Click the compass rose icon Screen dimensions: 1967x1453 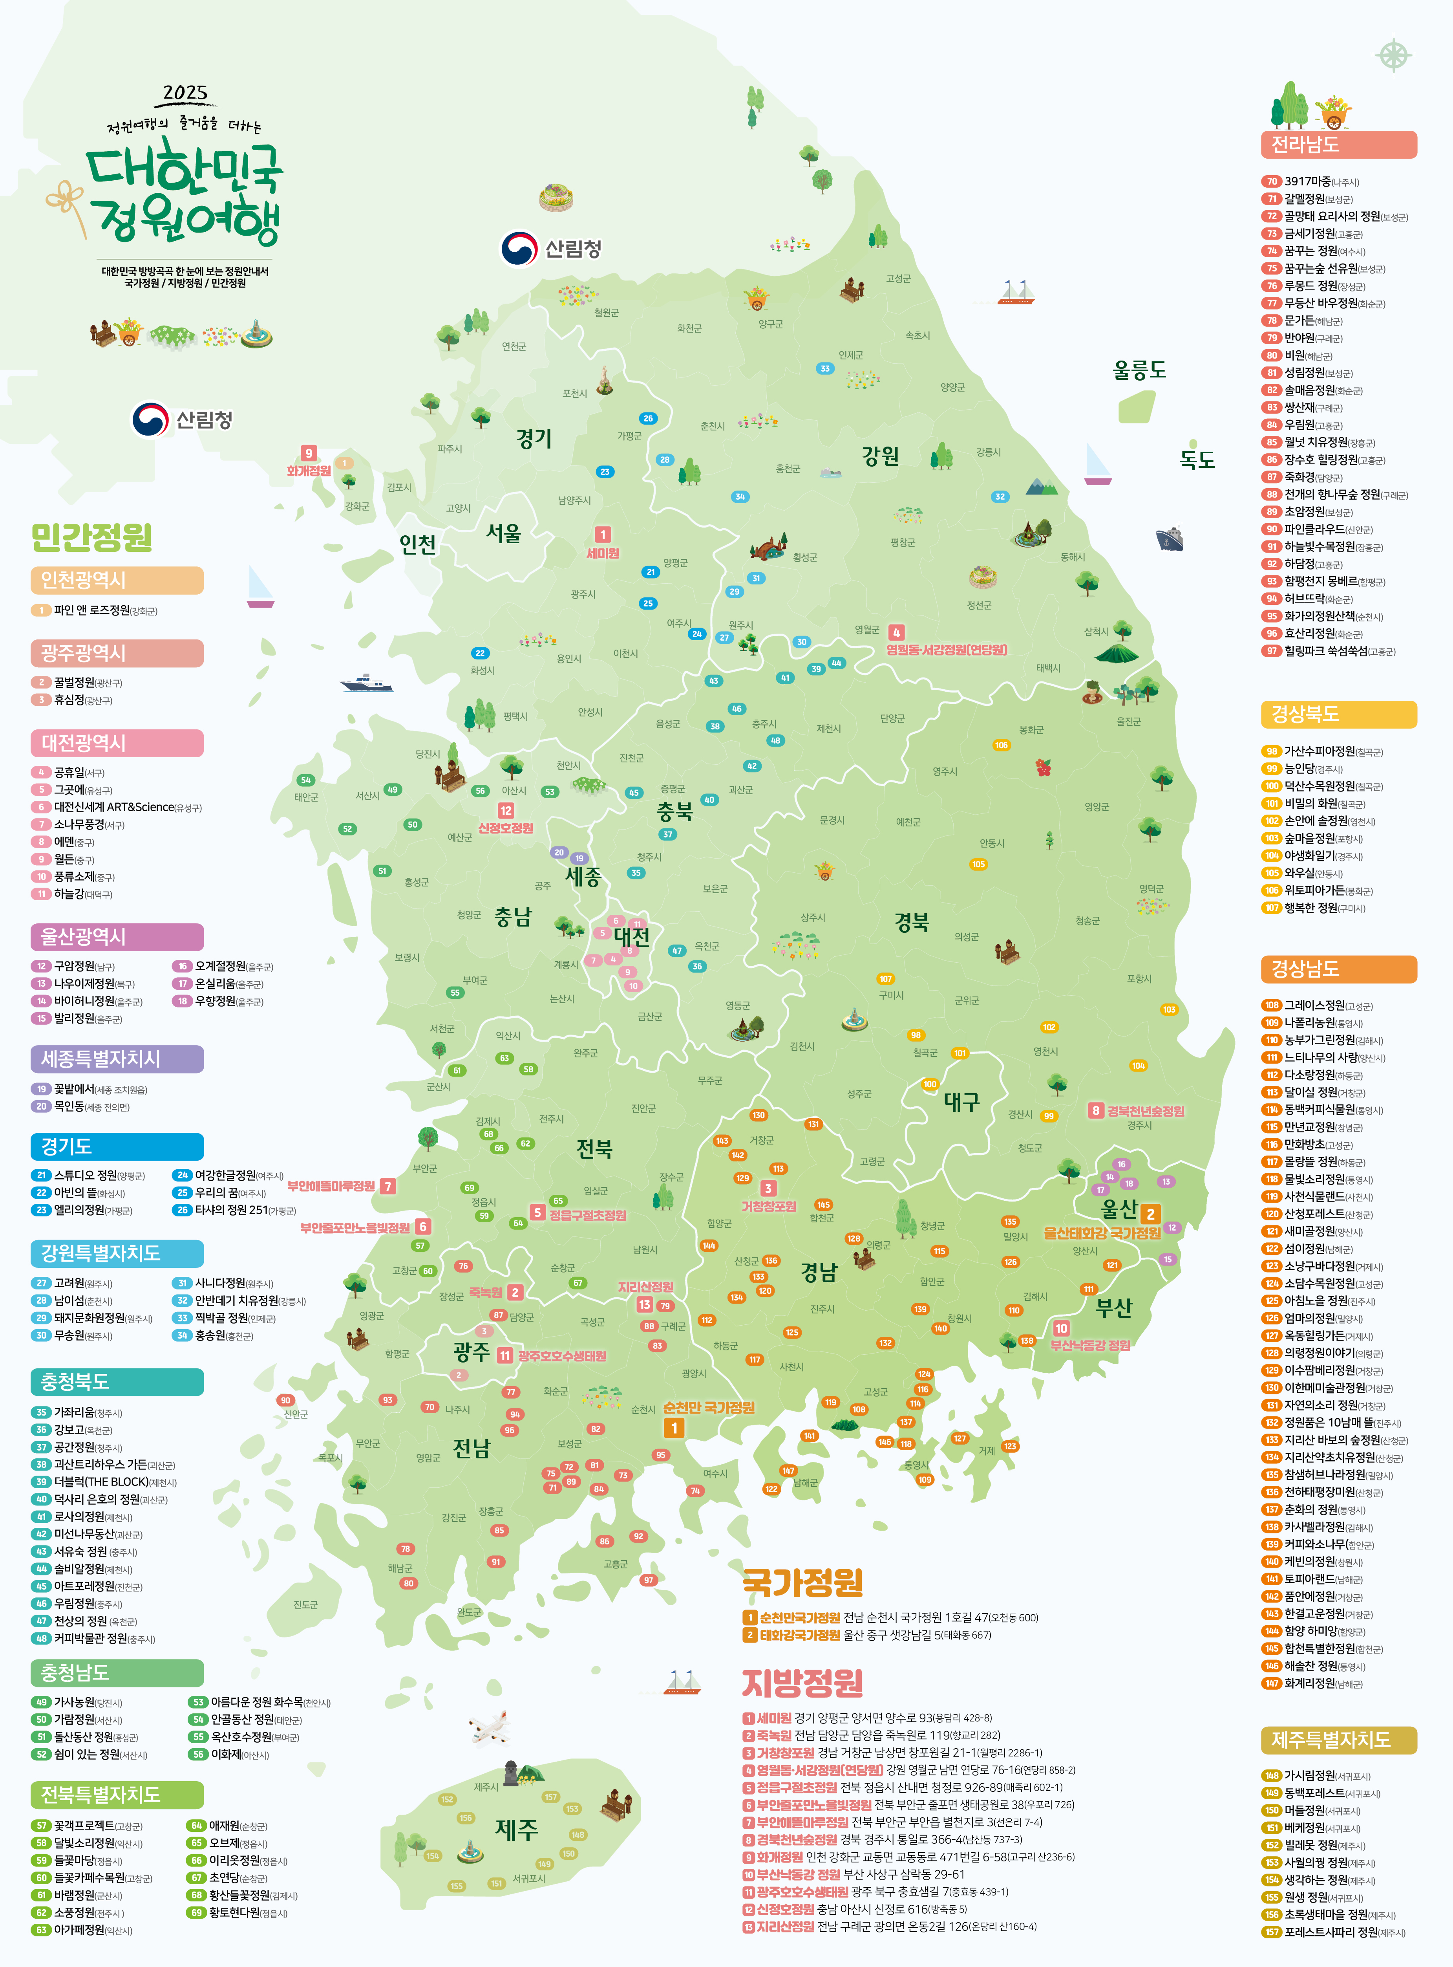[x=1393, y=55]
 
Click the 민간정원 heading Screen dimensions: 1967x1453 [x=91, y=537]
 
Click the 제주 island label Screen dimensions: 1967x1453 [x=516, y=1830]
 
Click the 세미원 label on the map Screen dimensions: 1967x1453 [x=603, y=553]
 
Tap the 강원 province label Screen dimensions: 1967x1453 [x=881, y=456]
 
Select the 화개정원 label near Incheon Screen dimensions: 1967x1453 [x=309, y=471]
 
